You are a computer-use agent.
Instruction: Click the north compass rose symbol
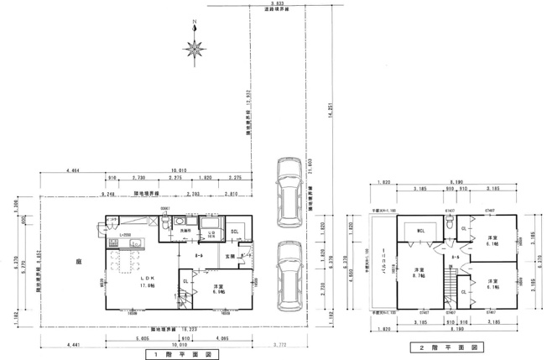195,50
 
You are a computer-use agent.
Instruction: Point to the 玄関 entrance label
230,255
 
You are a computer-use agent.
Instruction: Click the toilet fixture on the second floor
451,224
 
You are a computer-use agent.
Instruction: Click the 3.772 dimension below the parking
287,343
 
